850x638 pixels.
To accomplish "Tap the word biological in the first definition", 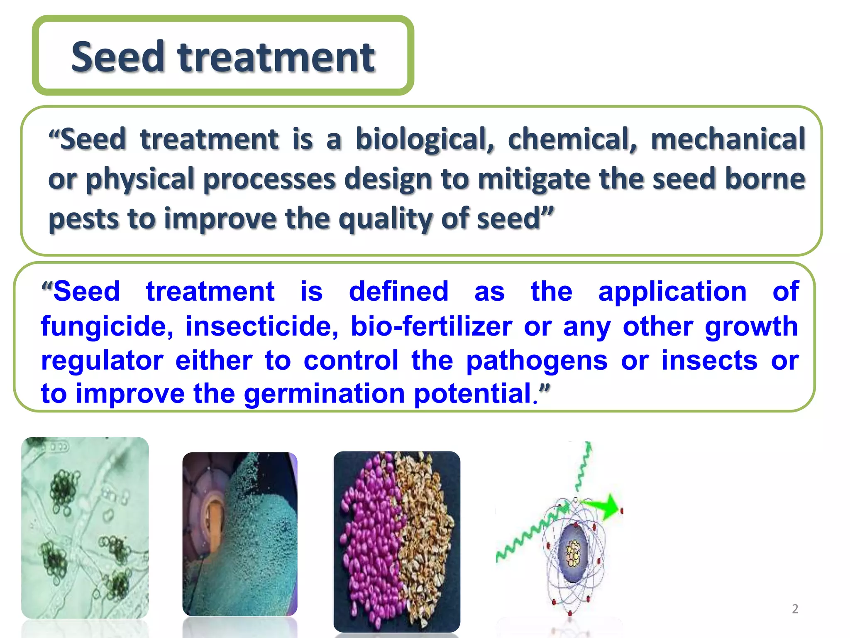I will click(x=425, y=139).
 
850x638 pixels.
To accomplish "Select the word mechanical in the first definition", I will click(x=728, y=139).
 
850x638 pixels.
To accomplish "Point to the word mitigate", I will click(x=536, y=179).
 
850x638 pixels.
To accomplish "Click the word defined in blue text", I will click(x=398, y=291).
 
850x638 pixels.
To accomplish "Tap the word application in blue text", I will click(x=672, y=291).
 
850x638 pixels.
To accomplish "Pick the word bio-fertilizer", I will click(x=431, y=326).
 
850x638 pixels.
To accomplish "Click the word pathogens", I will click(x=537, y=360).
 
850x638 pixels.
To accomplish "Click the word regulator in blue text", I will click(x=102, y=360).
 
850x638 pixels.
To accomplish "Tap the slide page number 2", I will click(x=795, y=609).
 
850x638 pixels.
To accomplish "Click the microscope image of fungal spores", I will click(x=85, y=528).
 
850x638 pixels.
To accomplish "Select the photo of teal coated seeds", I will click(x=240, y=534).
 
